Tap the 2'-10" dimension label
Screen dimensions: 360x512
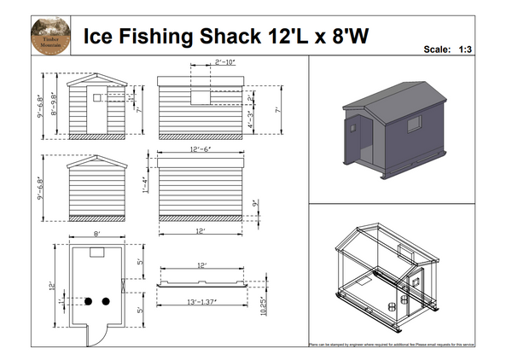[x=202, y=62]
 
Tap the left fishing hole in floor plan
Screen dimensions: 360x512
[x=87, y=301]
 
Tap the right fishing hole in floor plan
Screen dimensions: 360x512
[x=105, y=301]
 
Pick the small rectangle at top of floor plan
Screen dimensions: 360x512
[x=96, y=253]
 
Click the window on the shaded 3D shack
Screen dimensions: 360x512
[x=413, y=125]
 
